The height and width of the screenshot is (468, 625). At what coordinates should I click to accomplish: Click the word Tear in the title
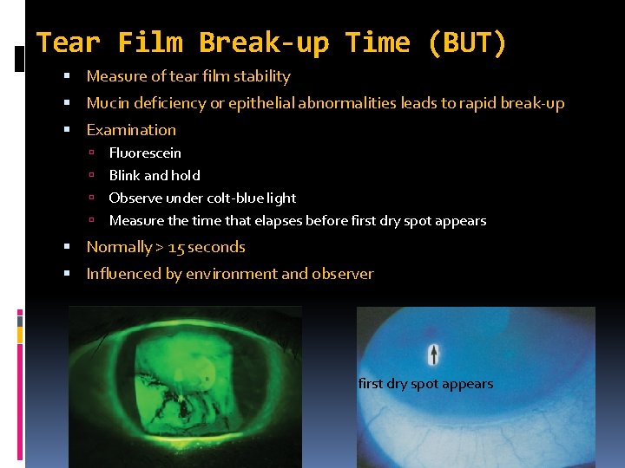68,42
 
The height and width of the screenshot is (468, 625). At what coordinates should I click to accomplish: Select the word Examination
131,130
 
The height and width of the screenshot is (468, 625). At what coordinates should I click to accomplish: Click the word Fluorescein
145,153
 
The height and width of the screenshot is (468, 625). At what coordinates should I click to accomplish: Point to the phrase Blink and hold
155,175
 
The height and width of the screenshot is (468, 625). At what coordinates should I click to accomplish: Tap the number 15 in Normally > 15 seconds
176,247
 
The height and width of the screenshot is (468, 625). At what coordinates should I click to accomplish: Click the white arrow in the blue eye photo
434,354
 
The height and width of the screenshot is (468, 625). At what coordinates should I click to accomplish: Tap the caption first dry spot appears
425,384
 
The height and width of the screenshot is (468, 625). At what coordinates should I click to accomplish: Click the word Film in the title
148,42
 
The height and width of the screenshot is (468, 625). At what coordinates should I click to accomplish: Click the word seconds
217,247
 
